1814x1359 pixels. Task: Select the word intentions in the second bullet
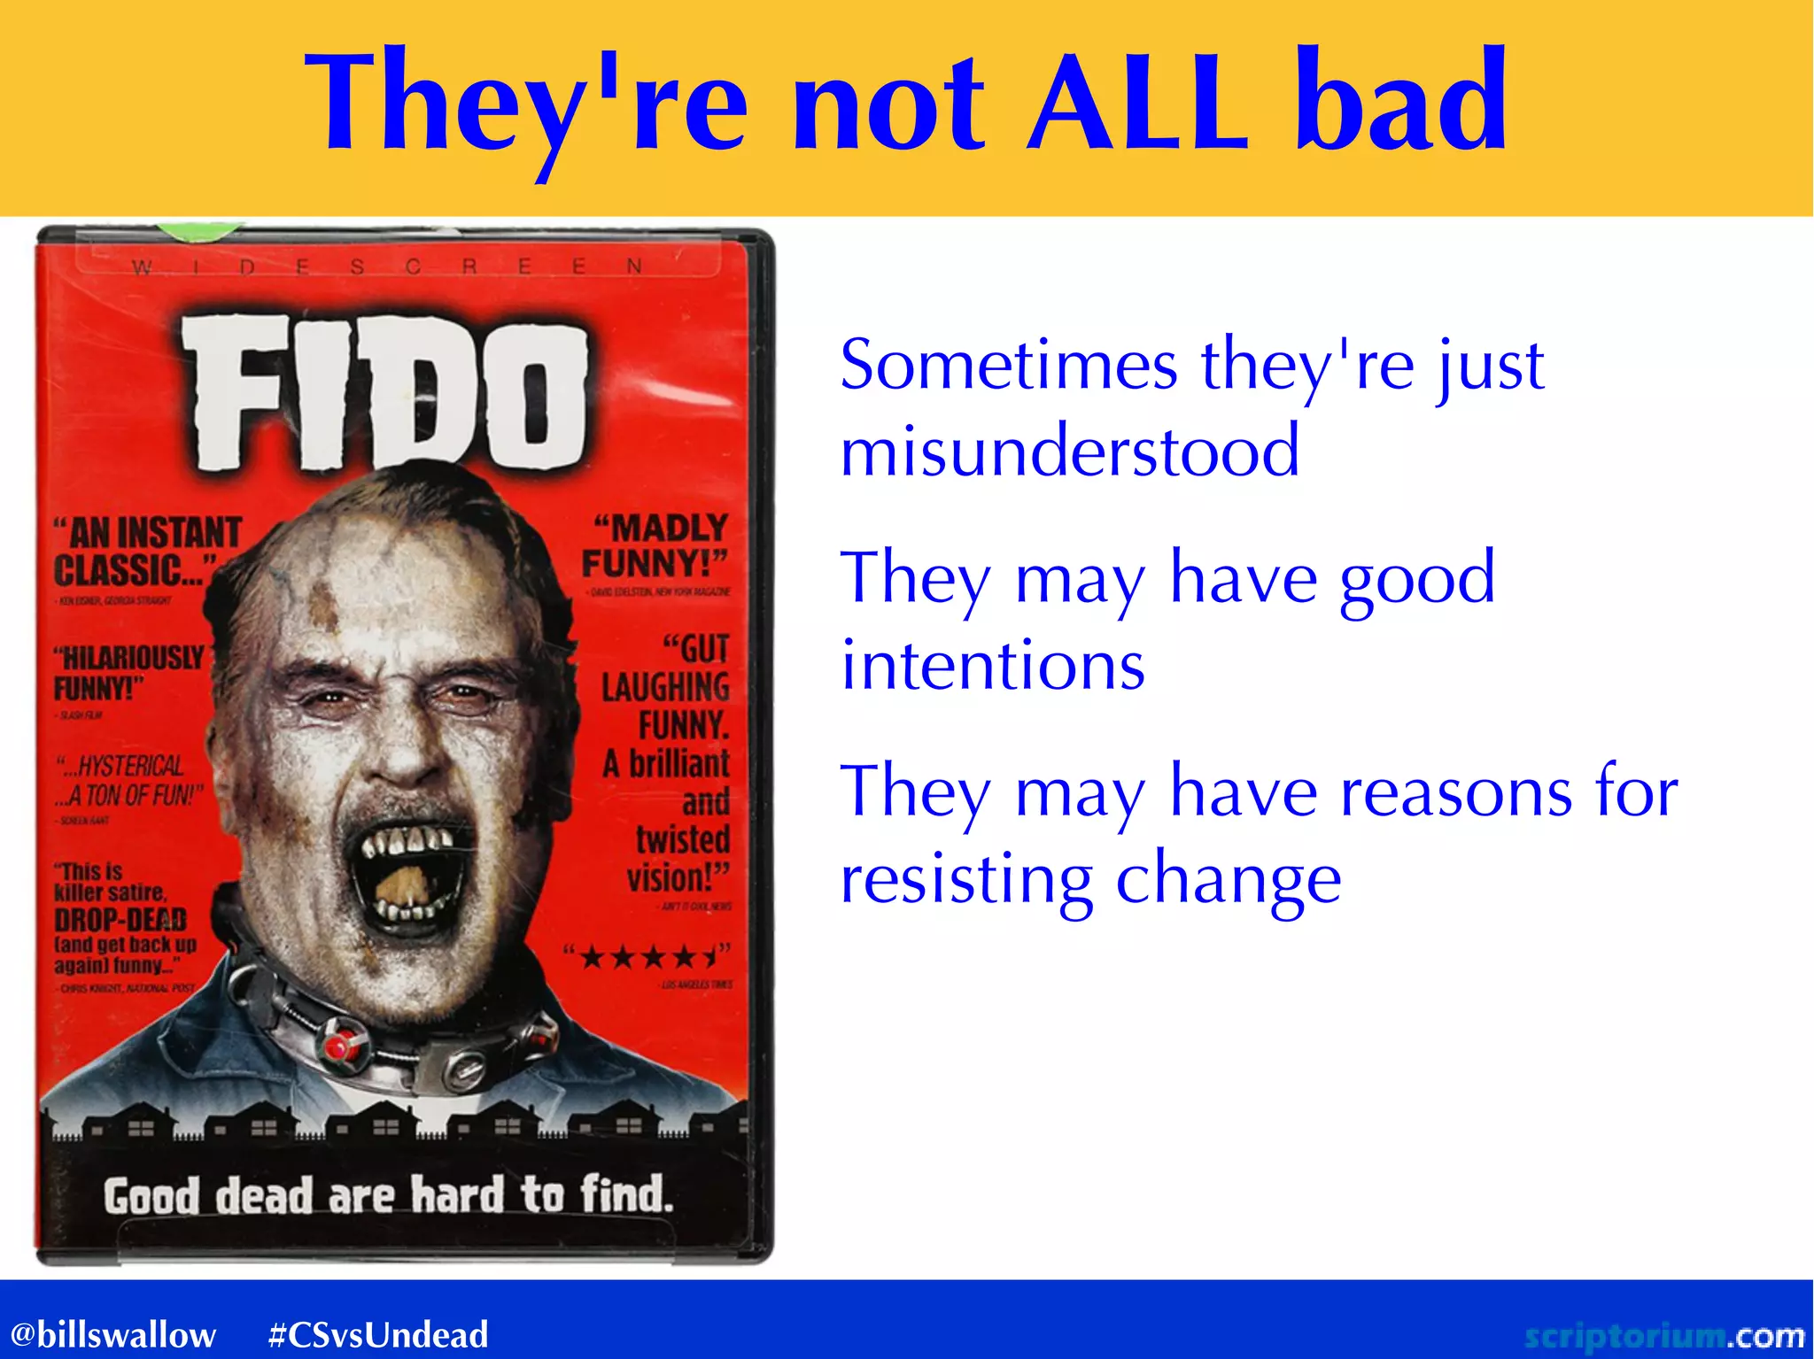pos(992,666)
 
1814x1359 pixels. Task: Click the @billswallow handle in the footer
pos(112,1334)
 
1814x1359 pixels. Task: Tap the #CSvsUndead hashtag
pos(378,1334)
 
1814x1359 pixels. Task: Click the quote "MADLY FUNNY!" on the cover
pos(655,545)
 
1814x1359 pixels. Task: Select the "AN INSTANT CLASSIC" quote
pos(146,552)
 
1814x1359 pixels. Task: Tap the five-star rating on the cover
pos(647,957)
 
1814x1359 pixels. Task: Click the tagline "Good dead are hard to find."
pos(388,1195)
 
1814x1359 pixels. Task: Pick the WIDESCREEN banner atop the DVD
pos(387,266)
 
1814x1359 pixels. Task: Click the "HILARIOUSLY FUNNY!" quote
pos(128,672)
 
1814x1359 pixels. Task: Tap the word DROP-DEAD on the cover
pos(120,919)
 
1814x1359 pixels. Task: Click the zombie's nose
pos(397,753)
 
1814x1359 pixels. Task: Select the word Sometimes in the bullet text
pos(1008,365)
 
